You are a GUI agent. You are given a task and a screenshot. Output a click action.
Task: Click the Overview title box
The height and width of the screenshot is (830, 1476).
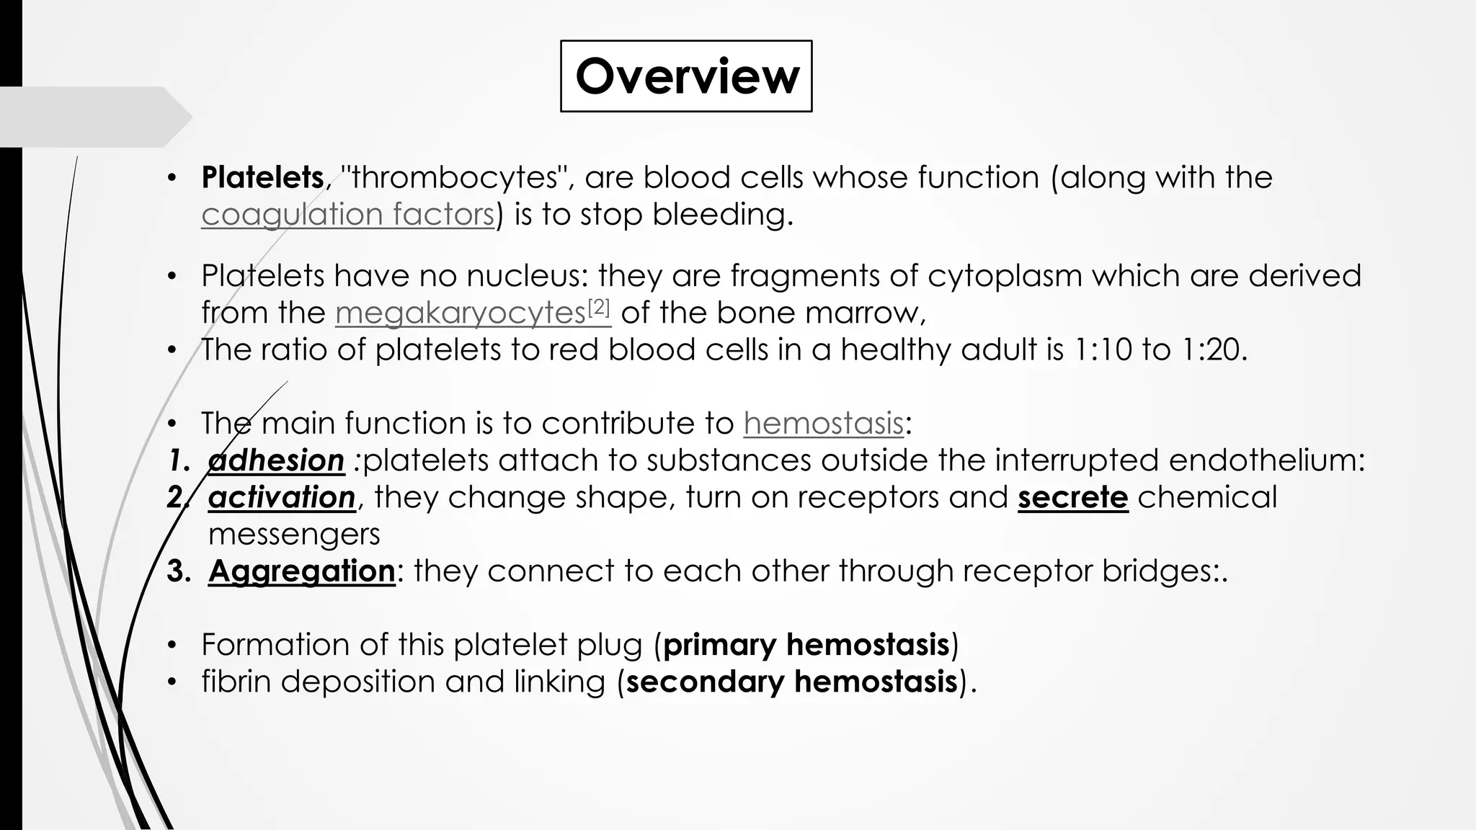pos(686,76)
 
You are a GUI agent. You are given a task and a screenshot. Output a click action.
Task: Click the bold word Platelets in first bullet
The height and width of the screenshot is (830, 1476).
pos(262,177)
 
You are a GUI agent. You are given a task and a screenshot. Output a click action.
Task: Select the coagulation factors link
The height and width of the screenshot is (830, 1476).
pos(347,215)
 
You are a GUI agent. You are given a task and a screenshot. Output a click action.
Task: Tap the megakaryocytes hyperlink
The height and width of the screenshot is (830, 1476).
pos(460,313)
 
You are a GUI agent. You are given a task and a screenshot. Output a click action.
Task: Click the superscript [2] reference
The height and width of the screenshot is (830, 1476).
pos(599,308)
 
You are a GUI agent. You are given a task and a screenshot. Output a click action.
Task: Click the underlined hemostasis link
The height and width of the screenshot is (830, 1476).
pos(823,424)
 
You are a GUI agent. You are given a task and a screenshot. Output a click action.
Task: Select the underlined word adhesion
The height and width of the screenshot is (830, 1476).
pos(276,460)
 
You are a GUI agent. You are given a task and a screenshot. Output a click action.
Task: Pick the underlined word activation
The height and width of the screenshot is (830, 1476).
pos(282,497)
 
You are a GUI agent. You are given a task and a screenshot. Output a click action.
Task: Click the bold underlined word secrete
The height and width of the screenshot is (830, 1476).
pos(1072,497)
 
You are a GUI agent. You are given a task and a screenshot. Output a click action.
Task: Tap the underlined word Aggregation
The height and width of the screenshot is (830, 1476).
pos(301,571)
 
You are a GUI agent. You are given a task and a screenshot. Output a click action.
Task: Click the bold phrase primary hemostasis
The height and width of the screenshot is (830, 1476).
pos(806,645)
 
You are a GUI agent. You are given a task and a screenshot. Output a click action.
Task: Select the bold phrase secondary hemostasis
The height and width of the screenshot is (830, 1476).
pos(791,682)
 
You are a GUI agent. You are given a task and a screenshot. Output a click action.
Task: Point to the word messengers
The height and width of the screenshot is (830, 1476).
pos(294,535)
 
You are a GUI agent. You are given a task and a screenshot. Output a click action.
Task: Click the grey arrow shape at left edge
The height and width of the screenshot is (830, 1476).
pos(94,117)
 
